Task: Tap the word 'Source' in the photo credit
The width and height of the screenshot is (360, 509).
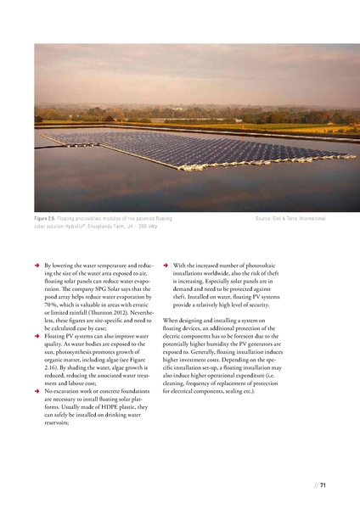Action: point(264,220)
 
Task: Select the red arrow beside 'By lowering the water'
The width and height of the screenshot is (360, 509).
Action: point(36,266)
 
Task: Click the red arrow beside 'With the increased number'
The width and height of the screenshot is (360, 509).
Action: point(165,266)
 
